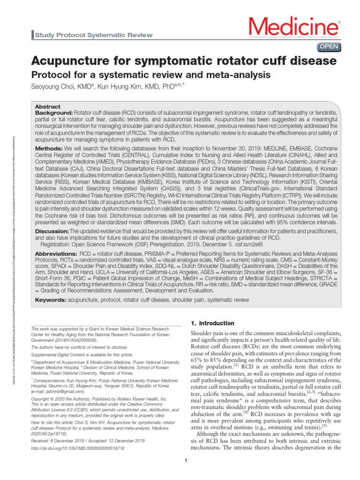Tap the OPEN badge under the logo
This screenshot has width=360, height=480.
tap(330, 46)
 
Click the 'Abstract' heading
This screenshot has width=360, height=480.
tap(48, 106)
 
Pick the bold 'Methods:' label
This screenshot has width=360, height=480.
tap(50, 148)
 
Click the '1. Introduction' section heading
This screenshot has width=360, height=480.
tap(211, 323)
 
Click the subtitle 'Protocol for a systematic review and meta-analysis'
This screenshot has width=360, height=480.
tap(151, 75)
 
